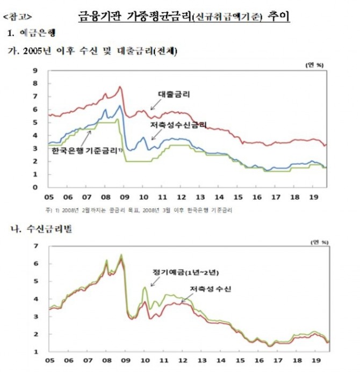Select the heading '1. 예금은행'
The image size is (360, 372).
(34, 34)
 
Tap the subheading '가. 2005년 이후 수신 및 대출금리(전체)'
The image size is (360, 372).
(91, 52)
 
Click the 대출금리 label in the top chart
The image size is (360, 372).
(175, 94)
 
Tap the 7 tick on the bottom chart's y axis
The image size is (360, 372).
(37, 246)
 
